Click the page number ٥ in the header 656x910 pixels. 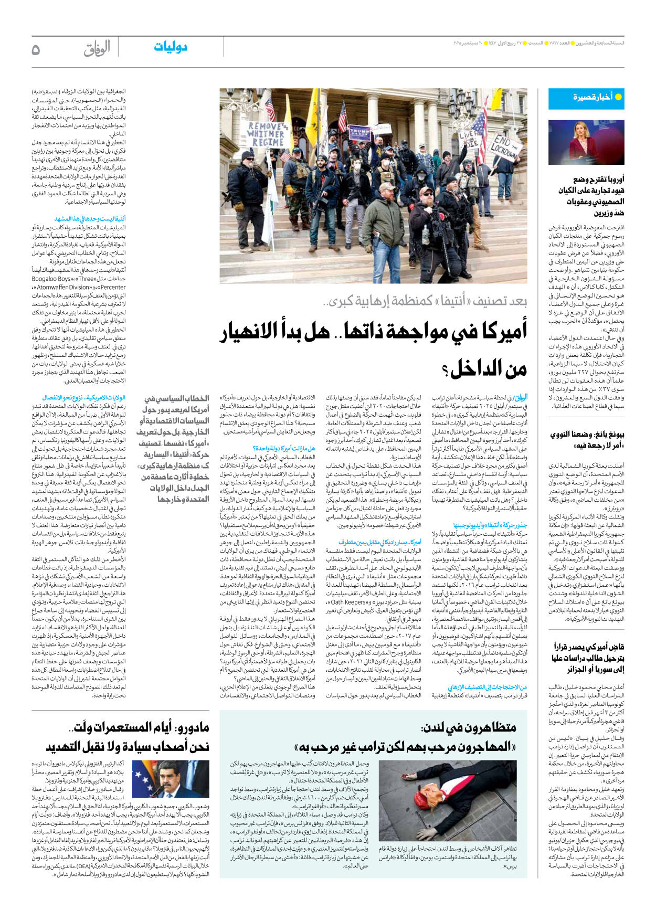point(36,50)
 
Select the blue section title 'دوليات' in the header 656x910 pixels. point(171,47)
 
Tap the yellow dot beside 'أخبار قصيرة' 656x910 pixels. point(618,97)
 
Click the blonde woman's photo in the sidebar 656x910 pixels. point(586,142)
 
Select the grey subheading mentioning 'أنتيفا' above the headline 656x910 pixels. point(425,301)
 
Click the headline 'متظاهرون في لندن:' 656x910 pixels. point(468,727)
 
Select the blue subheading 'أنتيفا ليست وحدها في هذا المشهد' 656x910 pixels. point(90,218)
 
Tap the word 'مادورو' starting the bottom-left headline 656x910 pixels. point(192,727)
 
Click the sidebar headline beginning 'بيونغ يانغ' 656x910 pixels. point(587,440)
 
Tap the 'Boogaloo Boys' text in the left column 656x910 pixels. point(51,279)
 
